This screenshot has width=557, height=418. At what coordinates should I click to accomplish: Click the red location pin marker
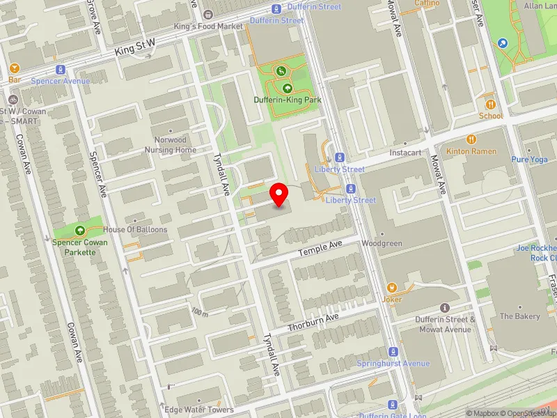[x=279, y=194]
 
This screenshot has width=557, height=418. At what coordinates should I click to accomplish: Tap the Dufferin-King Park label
[x=287, y=100]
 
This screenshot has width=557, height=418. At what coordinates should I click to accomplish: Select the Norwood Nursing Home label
[x=171, y=145]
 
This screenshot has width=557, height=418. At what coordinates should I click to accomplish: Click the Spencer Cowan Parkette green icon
[x=79, y=230]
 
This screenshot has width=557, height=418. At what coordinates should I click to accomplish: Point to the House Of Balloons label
[x=135, y=229]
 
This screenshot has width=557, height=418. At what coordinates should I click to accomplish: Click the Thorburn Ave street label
[x=313, y=321]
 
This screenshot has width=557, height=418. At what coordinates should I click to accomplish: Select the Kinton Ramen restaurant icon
[x=471, y=139]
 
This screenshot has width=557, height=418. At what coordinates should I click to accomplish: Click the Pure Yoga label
[x=530, y=159]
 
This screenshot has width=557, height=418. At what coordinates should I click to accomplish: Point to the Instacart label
[x=406, y=152]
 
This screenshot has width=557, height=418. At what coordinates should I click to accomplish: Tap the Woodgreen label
[x=382, y=244]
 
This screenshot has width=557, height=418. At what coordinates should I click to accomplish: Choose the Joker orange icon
[x=392, y=287]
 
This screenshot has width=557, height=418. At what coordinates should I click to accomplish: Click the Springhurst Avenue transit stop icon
[x=393, y=352]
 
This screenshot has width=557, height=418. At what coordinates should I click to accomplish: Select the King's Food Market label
[x=208, y=26]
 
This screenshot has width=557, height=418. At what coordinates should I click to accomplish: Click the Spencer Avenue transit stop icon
[x=61, y=70]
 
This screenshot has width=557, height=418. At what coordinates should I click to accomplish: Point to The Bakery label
[x=520, y=316]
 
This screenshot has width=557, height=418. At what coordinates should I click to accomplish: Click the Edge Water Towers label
[x=199, y=410]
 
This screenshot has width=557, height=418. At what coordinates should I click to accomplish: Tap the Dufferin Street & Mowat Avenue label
[x=444, y=324]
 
